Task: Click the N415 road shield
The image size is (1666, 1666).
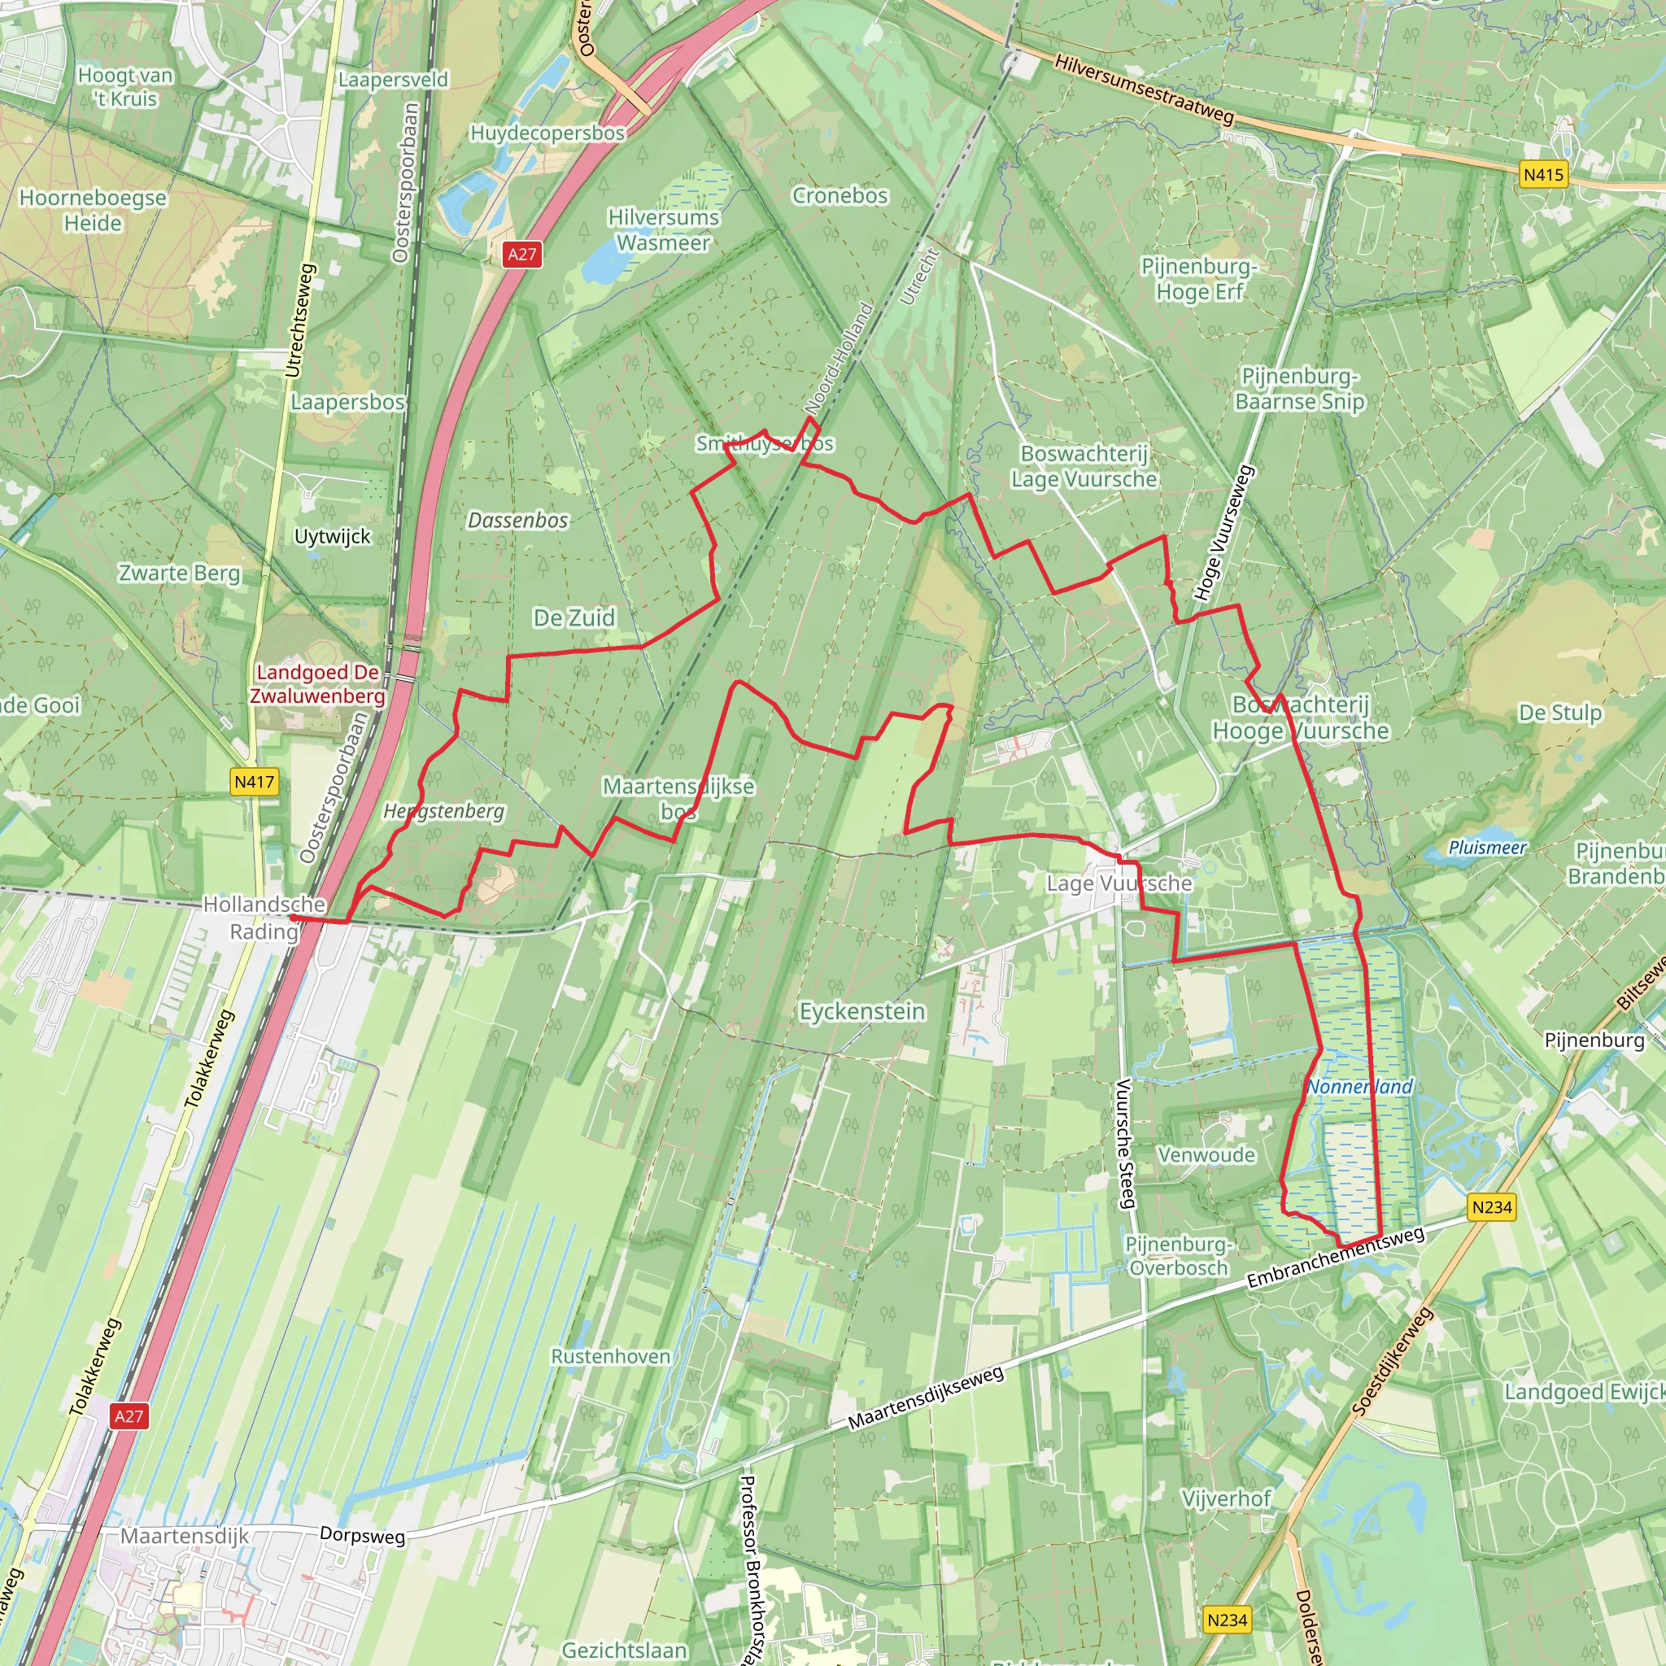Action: [x=1542, y=175]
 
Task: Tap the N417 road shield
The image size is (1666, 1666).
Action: [x=255, y=782]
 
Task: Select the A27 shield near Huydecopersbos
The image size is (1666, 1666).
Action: [x=521, y=255]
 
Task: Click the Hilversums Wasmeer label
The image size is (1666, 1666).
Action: [x=663, y=230]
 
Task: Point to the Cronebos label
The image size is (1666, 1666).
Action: [x=840, y=197]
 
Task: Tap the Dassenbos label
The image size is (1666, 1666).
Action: [x=517, y=521]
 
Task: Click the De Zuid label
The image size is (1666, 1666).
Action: [x=574, y=618]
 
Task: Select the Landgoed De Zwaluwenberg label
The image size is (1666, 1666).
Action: [x=317, y=685]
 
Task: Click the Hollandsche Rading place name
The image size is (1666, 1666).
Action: [x=264, y=918]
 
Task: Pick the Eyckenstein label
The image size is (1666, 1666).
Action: [x=862, y=1011]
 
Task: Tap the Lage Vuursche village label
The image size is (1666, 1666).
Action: [x=1119, y=883]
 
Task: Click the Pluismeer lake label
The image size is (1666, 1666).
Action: [x=1488, y=848]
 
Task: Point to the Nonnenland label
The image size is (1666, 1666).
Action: [x=1360, y=1087]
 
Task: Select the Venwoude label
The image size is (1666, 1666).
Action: [x=1206, y=1154]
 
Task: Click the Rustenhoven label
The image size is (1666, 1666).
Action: [x=611, y=1356]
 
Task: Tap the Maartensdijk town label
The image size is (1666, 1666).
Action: [x=185, y=1536]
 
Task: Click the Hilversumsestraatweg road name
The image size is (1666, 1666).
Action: [x=1145, y=89]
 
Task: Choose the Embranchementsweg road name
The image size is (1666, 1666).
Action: [x=1336, y=1258]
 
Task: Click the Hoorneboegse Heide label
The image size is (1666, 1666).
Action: [x=93, y=211]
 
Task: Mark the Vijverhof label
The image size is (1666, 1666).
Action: [x=1226, y=1498]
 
